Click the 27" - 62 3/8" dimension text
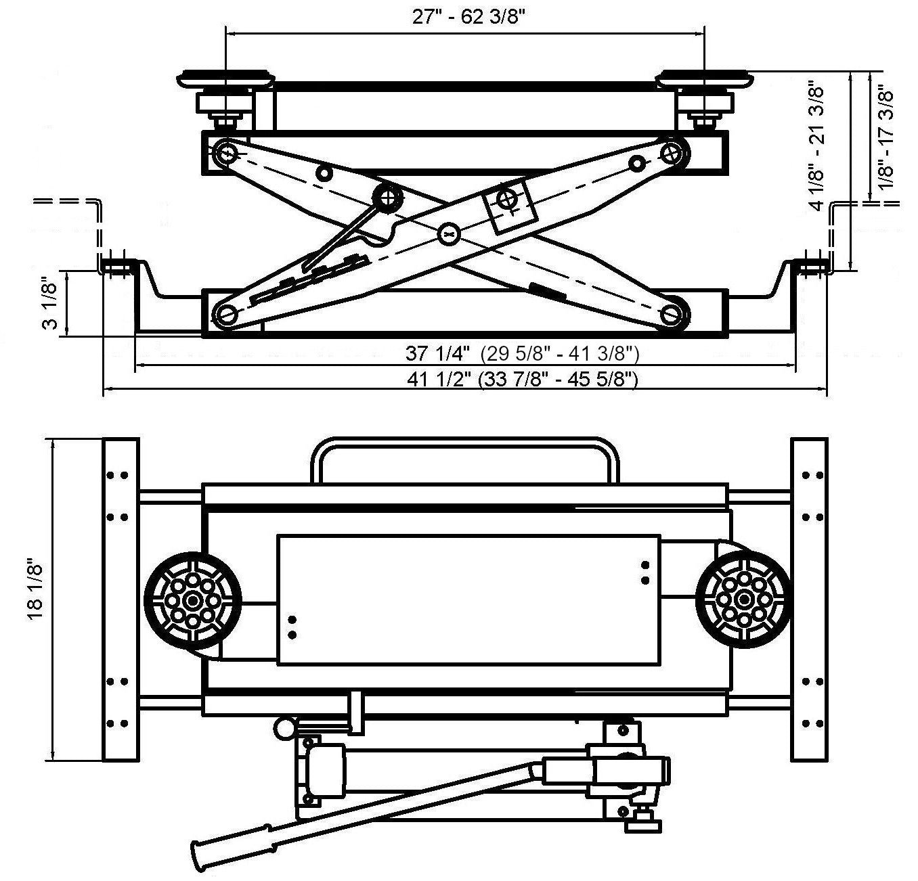click(469, 17)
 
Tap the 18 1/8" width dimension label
click(35, 588)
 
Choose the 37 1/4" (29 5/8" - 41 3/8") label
click(522, 353)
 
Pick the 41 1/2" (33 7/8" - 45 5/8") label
click(522, 379)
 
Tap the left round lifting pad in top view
click(193, 600)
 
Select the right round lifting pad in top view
click(743, 600)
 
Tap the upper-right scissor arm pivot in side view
click(672, 153)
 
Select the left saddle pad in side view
click(225, 79)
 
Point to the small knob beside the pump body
click(284, 728)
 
